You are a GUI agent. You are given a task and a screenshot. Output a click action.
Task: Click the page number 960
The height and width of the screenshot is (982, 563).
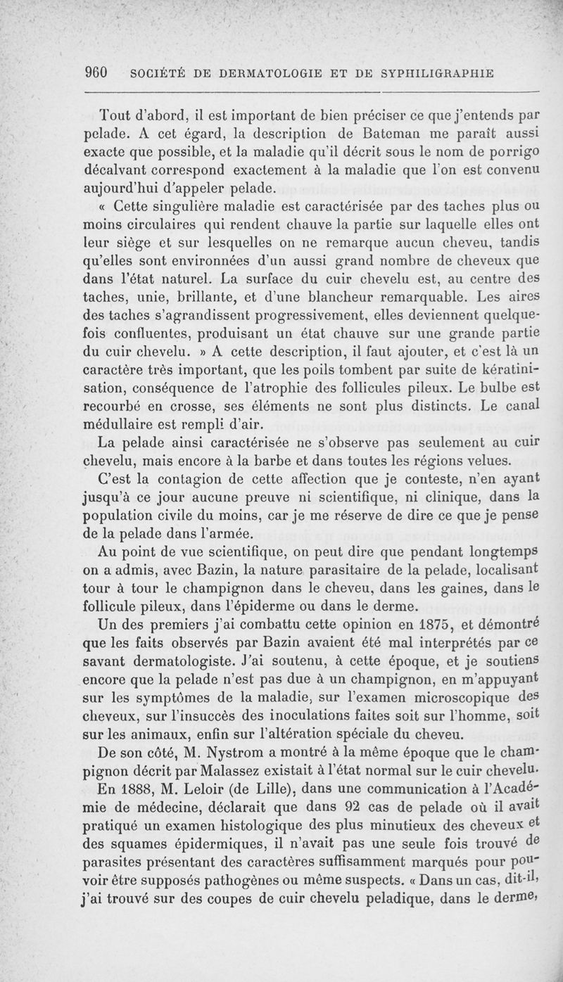click(x=95, y=72)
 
